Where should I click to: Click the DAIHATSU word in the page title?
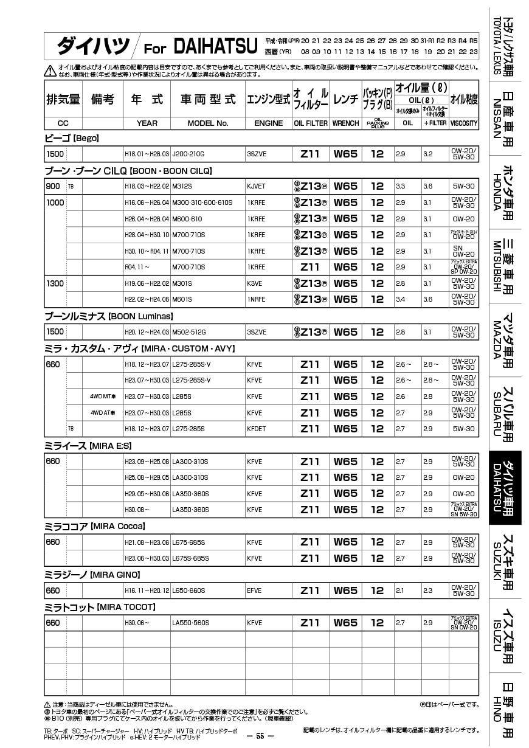click(215, 46)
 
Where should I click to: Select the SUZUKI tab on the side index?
click(505, 561)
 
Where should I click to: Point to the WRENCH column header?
click(345, 123)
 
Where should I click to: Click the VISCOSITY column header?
click(464, 123)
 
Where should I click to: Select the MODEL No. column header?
click(207, 123)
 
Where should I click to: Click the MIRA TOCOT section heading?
click(100, 607)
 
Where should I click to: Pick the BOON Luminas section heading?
click(109, 316)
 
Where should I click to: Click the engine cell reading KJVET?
click(256, 187)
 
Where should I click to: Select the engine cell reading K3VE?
click(255, 283)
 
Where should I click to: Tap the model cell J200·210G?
click(188, 154)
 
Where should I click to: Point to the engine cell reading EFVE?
click(254, 590)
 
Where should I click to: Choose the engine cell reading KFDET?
click(256, 429)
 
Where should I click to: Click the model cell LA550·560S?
click(190, 623)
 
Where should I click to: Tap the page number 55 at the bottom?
click(260, 736)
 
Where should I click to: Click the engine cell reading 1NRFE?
click(256, 299)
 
